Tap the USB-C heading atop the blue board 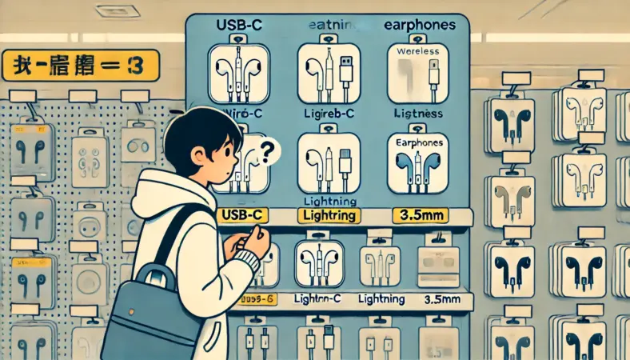pyautogui.click(x=241, y=26)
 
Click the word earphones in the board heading pyautogui.click(x=420, y=25)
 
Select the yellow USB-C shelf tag pyautogui.click(x=242, y=215)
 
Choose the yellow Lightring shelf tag pyautogui.click(x=328, y=215)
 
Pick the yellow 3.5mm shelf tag pyautogui.click(x=418, y=215)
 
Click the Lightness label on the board pyautogui.click(x=419, y=114)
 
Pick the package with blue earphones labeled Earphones pyautogui.click(x=419, y=164)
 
